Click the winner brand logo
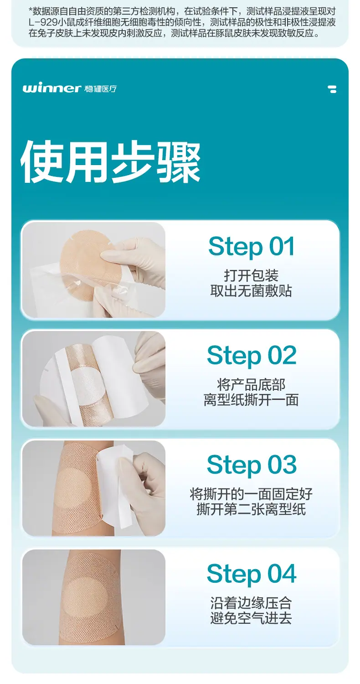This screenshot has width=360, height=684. pos(51,88)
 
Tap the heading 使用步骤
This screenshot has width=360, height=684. pos(110,162)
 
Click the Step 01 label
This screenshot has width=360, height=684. pos(252,246)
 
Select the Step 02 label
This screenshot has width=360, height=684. pos(252,355)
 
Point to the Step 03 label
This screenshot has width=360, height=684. pos(252,465)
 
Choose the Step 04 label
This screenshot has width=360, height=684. pos(252,574)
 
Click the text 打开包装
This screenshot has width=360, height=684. pos(252,275)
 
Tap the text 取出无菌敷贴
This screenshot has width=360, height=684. pos(252,291)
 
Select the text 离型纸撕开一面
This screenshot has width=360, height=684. pos(252,400)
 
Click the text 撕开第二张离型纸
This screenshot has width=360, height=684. pos(252,509)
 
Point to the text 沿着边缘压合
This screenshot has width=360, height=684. pos(252,603)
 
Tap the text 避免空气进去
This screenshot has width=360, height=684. pos(252,618)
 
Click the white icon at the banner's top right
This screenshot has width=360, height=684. pos(332,89)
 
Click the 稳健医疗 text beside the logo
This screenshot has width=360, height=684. pos(101,88)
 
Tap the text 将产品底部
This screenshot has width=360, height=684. pos(252,385)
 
